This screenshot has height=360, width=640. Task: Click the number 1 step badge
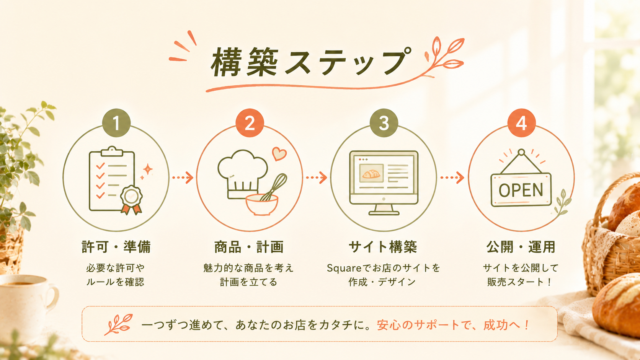(116, 123)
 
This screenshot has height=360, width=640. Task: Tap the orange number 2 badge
(250, 123)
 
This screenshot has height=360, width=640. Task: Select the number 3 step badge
(384, 123)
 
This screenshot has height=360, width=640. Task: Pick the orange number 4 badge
(521, 123)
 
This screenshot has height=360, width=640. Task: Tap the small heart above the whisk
(279, 153)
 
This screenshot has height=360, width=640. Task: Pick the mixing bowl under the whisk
(262, 205)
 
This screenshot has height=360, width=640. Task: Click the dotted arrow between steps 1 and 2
(183, 178)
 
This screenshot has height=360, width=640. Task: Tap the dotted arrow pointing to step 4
(452, 178)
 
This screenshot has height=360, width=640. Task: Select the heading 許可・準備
(116, 247)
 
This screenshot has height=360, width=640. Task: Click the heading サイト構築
(383, 247)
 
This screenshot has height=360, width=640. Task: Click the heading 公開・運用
(521, 247)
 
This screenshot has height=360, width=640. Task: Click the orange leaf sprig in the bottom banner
(119, 324)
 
